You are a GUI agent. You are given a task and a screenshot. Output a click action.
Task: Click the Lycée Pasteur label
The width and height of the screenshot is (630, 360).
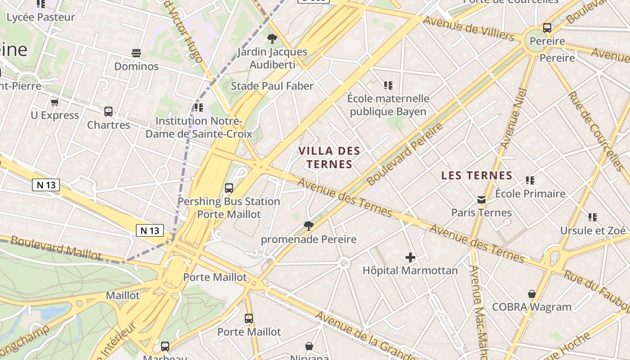(x=40, y=17)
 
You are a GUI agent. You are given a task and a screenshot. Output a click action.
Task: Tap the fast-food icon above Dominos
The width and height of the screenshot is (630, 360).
(x=136, y=53)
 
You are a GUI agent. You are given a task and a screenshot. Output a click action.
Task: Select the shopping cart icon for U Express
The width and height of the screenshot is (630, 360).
(x=55, y=102)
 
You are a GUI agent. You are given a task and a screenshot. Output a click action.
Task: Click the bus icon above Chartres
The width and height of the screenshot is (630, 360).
(x=108, y=112)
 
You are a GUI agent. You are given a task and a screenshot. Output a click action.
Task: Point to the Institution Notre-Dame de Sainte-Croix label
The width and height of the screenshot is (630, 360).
(x=198, y=127)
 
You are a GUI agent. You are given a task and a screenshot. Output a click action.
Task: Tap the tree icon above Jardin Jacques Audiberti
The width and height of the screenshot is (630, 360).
(x=272, y=39)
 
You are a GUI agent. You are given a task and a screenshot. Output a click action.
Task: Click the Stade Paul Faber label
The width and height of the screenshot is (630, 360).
(x=272, y=86)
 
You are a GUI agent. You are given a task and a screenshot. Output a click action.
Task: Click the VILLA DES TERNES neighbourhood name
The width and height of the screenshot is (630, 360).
(x=329, y=157)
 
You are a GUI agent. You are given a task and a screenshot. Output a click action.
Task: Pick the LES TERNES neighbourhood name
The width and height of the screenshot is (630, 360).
(x=477, y=175)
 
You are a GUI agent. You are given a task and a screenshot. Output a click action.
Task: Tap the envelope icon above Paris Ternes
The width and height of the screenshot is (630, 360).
(x=481, y=199)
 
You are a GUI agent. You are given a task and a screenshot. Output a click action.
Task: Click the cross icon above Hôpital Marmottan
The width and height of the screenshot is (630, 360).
(x=410, y=257)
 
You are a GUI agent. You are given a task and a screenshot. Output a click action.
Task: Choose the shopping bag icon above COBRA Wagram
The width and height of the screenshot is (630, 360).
(x=531, y=294)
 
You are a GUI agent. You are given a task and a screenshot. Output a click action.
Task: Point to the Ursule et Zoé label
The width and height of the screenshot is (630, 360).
(x=593, y=230)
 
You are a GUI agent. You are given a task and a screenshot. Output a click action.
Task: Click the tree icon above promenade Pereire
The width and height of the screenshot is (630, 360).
(x=308, y=225)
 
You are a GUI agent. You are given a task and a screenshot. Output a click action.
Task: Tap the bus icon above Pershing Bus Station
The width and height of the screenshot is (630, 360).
(x=229, y=188)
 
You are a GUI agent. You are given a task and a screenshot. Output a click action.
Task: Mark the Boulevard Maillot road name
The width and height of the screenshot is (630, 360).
(x=56, y=247)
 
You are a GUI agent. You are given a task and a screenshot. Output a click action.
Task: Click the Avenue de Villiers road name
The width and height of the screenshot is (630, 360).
(x=468, y=28)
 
